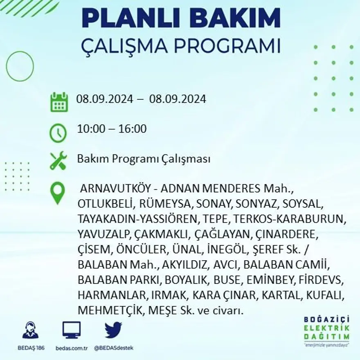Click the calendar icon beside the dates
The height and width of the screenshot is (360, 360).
coord(59,102)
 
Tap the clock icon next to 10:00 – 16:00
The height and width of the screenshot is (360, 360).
coord(58,132)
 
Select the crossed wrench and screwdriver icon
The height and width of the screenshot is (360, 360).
coord(58,160)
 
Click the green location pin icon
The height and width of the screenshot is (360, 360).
coord(58,193)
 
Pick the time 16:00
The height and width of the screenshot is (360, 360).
coord(132,129)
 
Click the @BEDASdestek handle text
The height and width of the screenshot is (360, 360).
coord(113,348)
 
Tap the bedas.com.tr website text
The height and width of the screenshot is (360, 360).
coord(72,348)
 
